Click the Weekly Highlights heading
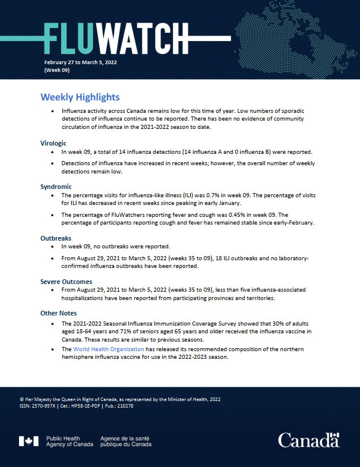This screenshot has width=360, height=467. click(x=80, y=97)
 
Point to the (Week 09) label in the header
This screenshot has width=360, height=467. click(x=58, y=70)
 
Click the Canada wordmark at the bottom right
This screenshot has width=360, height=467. click(x=308, y=441)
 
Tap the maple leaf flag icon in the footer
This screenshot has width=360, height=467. click(x=30, y=441)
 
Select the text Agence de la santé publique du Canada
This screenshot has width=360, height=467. click(x=125, y=441)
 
